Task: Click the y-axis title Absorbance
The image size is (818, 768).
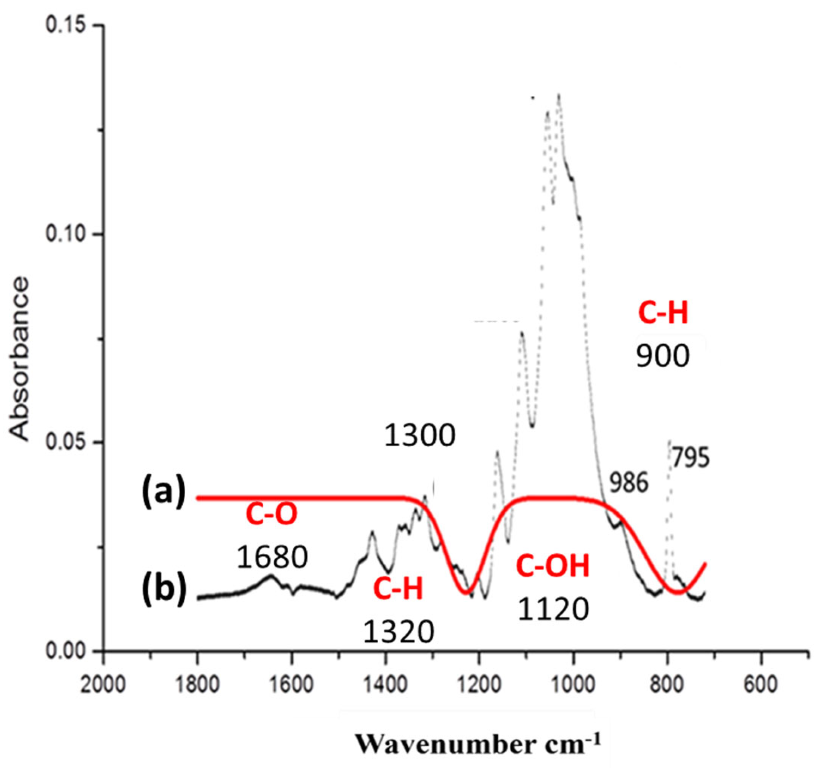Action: pos(20,359)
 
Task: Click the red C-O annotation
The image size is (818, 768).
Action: pos(272,514)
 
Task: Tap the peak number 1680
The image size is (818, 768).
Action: pos(272,557)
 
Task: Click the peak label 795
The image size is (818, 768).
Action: pos(691,458)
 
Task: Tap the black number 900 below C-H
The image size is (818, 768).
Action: pos(662,356)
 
